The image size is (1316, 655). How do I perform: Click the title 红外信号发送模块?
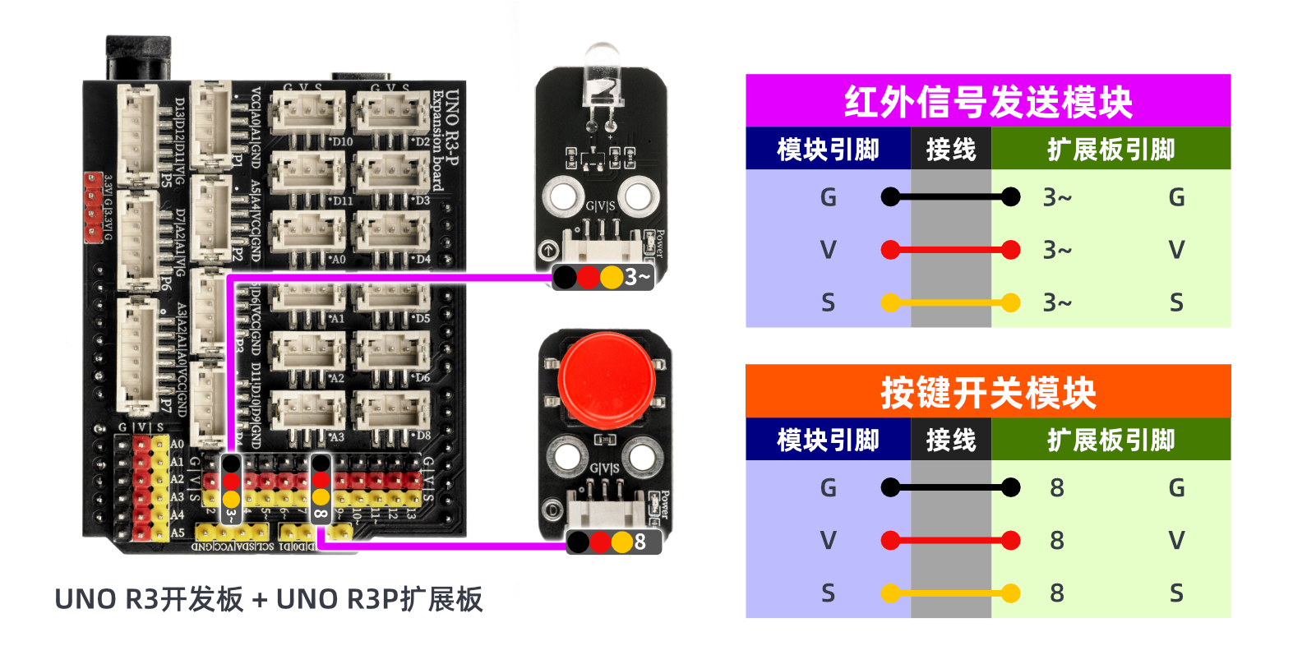987,102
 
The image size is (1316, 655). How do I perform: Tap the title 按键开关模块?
987,392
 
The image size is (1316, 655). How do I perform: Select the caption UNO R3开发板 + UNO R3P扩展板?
269,599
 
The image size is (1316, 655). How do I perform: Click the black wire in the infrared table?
950,197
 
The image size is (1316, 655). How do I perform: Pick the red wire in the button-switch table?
950,541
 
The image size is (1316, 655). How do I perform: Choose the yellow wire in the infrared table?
950,303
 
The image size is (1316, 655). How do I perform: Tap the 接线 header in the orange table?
950,441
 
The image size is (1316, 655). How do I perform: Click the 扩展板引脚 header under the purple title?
1111,150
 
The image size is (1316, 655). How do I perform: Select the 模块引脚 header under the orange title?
828,441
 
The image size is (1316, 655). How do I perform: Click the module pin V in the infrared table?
828,250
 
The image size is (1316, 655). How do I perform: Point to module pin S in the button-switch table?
828,593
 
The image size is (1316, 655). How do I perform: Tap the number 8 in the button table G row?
1057,488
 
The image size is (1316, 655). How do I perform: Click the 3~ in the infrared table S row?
1057,303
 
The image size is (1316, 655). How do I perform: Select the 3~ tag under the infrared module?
637,277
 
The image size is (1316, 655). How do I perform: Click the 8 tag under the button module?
640,542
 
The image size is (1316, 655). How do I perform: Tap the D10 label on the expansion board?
342,141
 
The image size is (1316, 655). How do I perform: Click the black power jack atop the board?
138,58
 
